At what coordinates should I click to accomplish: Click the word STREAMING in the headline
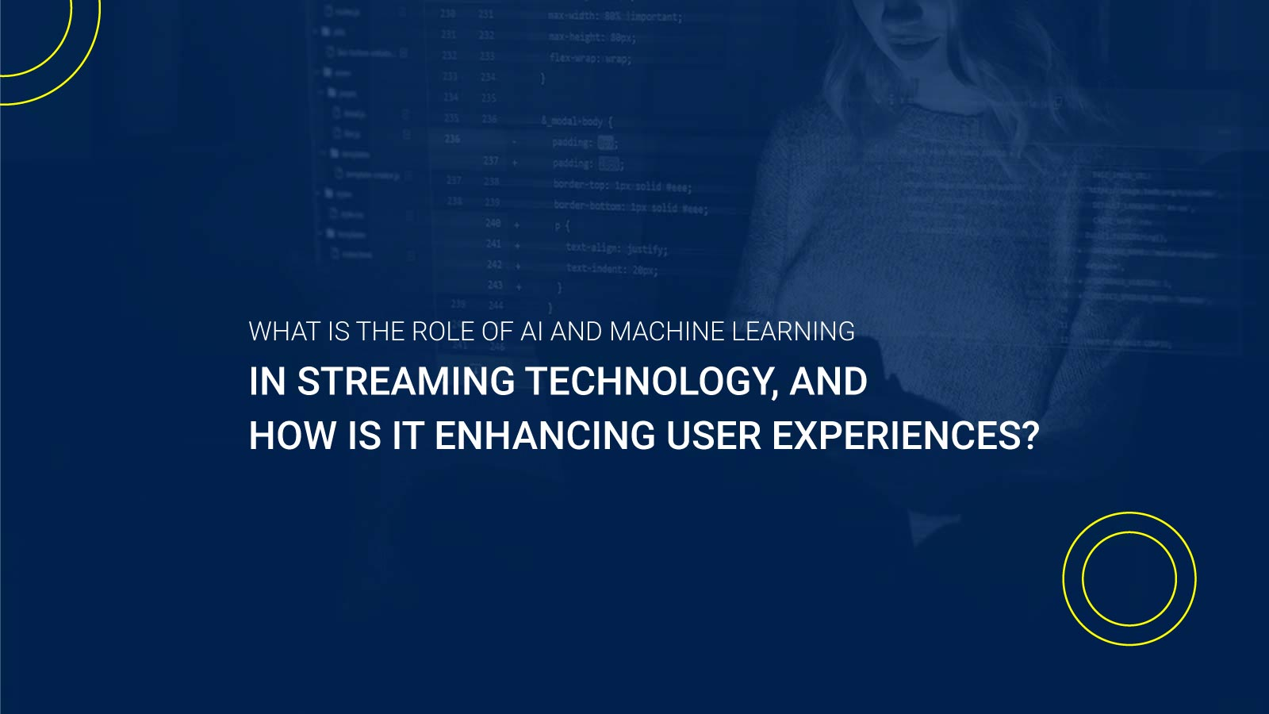tap(405, 382)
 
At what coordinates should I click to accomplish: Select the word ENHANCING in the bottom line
tap(545, 436)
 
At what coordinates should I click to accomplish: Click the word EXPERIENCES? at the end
tap(905, 436)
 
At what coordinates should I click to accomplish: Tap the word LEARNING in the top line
tap(792, 332)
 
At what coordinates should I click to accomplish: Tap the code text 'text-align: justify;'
tap(616, 248)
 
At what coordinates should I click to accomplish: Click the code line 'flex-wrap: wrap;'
tap(590, 58)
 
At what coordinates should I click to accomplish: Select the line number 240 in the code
tap(493, 223)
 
